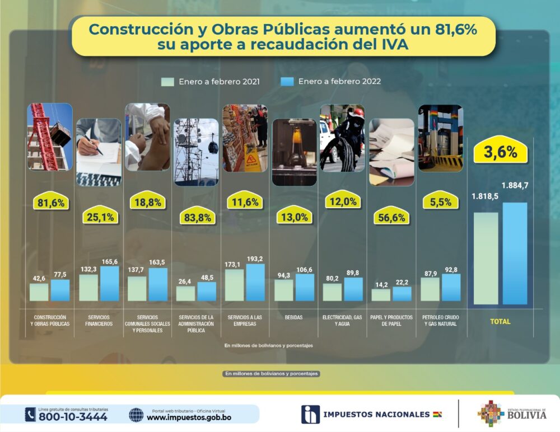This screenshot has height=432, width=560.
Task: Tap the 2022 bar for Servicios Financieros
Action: coord(110,283)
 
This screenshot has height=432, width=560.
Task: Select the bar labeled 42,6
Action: coord(39,292)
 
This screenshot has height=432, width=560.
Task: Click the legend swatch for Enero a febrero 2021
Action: coord(168,82)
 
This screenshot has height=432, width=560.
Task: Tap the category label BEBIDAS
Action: coord(293,317)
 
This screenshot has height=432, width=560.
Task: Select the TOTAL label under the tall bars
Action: coord(500,322)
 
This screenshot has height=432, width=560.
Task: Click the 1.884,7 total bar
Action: coord(515,253)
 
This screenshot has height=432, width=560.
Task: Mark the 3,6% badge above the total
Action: coord(500,152)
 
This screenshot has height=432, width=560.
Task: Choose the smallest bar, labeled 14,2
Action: coord(381,295)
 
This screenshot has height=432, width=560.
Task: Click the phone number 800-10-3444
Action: coord(73,416)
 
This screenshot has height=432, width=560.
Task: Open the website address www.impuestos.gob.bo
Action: coord(189,417)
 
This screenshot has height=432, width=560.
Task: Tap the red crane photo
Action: coord(50,137)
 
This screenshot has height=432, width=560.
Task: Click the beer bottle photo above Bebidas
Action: coord(294,152)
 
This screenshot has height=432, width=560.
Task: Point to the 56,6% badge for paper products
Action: coord(391,218)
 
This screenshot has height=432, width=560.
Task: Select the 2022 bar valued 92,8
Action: coord(451,287)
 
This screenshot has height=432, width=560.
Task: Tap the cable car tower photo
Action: coord(196,152)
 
